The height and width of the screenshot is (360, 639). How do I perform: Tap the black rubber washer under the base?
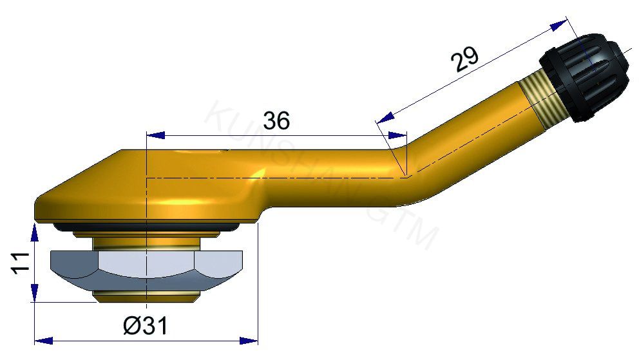click(x=145, y=226)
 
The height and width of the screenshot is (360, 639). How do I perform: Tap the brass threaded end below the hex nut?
click(x=145, y=296)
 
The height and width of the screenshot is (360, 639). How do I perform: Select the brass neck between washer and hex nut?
click(x=145, y=242)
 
